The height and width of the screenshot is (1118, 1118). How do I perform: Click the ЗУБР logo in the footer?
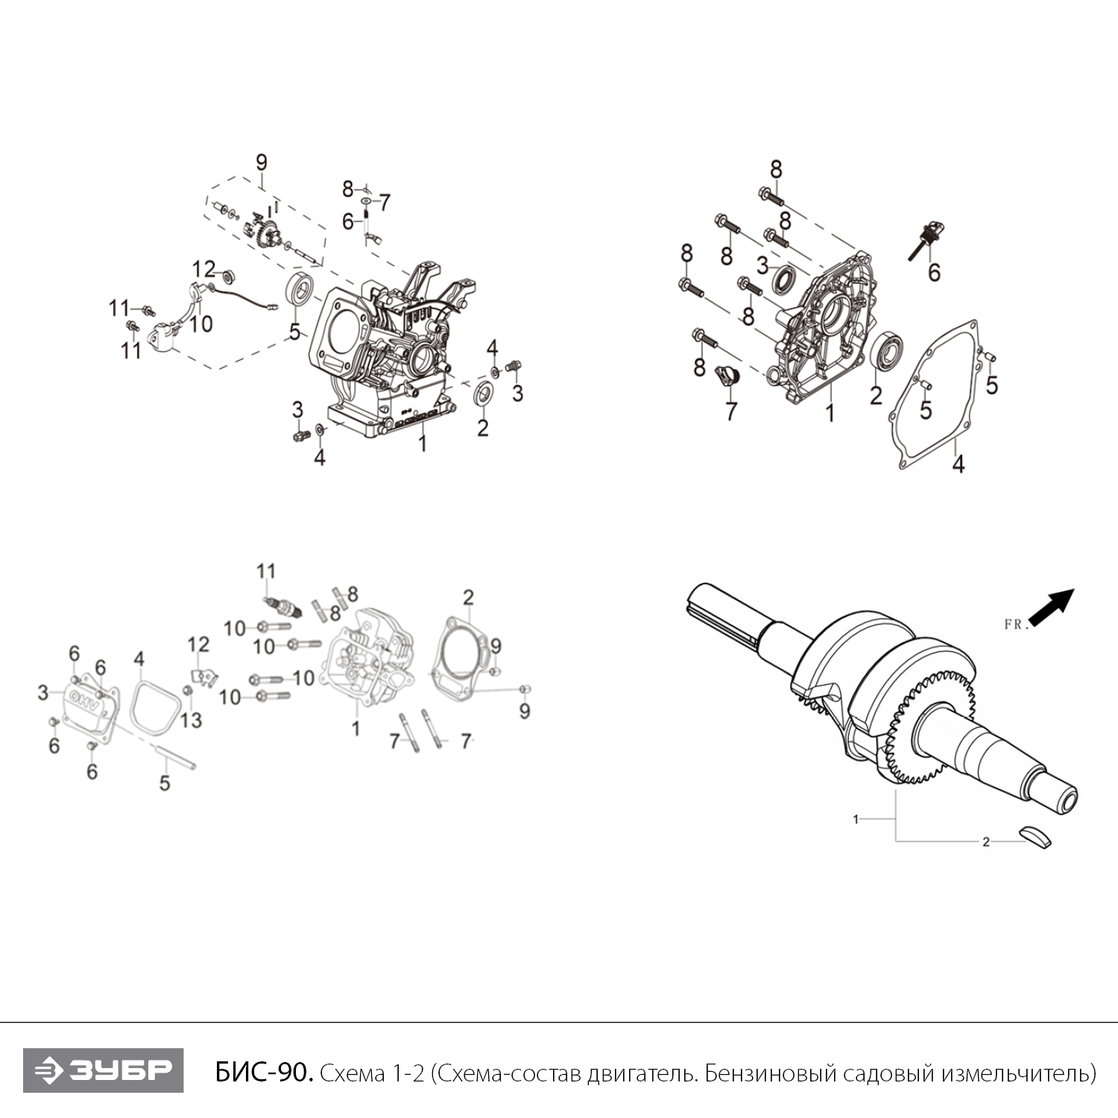pyautogui.click(x=103, y=1070)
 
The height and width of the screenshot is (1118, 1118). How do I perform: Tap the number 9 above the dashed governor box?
pyautogui.click(x=261, y=162)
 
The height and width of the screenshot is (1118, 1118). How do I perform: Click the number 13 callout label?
pyautogui.click(x=192, y=720)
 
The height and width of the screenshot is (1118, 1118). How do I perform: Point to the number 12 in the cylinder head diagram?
pyautogui.click(x=198, y=644)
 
